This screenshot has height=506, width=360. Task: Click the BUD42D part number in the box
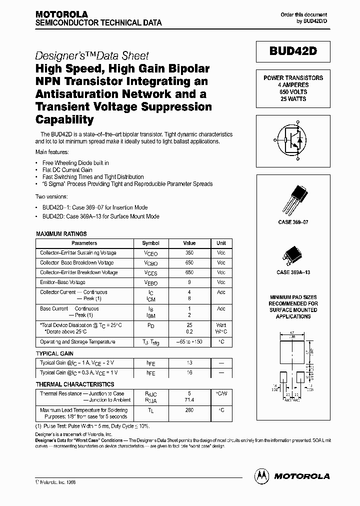293,52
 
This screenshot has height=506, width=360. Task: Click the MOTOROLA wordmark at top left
61,14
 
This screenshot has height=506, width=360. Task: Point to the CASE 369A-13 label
293,272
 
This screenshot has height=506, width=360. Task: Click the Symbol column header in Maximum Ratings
150,243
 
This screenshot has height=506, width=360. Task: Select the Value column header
189,243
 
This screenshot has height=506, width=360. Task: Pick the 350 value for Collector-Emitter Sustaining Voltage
189,253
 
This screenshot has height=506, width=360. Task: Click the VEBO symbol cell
150,283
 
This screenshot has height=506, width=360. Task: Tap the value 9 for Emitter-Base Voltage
189,282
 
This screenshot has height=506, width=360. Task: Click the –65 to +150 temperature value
189,342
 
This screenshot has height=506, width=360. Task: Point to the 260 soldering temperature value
189,410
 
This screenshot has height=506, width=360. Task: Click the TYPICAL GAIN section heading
55,353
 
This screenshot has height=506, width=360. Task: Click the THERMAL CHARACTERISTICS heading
75,384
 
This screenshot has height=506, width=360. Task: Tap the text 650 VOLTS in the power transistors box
293,92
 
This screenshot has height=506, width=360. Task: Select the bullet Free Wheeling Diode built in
75,163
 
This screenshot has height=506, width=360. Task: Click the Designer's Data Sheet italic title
92,56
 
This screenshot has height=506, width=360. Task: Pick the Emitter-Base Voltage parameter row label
62,282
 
